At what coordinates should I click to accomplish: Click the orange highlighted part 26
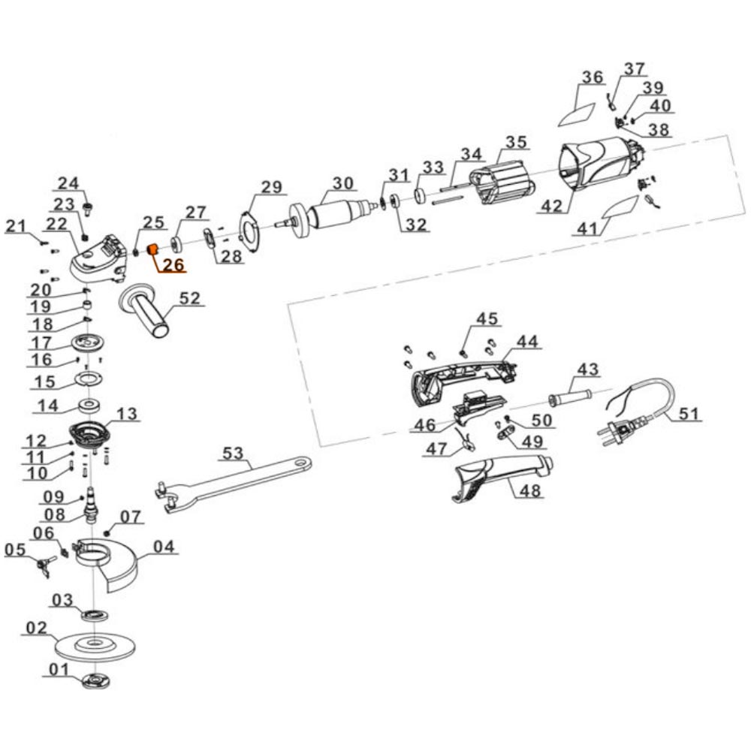[150, 249]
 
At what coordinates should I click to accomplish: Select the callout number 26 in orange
[173, 264]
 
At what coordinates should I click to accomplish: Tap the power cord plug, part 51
[618, 433]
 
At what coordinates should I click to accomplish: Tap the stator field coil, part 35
[501, 183]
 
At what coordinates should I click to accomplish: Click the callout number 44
[527, 342]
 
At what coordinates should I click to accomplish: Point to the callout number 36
[592, 77]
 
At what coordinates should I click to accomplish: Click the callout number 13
[127, 414]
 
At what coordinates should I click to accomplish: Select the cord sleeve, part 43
[571, 396]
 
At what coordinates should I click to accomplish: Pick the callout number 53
[233, 453]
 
